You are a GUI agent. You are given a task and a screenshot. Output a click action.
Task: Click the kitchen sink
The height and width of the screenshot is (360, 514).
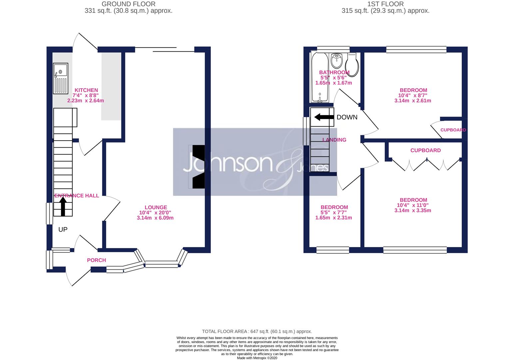61,79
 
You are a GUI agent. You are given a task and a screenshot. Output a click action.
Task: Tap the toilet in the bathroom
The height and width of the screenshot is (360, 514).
352,65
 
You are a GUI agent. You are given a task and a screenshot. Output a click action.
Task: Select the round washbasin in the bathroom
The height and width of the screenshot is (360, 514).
337,61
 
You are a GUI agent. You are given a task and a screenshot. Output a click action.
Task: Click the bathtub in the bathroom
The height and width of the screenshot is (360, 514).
320,77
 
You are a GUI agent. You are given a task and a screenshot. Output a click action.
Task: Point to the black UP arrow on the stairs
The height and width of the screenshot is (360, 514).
63,206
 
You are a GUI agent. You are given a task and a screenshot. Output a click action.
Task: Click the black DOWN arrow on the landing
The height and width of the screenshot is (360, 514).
324,117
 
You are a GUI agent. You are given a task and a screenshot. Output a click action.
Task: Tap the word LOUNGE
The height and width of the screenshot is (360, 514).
156,207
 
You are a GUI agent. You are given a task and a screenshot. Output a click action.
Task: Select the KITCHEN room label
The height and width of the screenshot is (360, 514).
86,90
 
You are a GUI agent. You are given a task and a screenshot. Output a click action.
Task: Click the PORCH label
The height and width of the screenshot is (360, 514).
96,260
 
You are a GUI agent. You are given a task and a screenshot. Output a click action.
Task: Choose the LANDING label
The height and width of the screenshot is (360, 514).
334,140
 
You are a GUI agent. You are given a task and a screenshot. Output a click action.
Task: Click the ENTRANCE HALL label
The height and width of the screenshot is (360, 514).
77,196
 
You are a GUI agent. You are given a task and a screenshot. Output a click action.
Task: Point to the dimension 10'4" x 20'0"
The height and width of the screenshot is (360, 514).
155,213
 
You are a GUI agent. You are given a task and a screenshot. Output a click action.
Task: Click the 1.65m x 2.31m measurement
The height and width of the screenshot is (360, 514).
334,218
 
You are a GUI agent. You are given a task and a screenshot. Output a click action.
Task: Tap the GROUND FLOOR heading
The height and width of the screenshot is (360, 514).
129,4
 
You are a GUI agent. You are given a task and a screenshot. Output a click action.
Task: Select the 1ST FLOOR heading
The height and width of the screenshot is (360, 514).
385,4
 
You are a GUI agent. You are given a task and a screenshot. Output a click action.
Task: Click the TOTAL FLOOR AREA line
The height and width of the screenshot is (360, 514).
257,332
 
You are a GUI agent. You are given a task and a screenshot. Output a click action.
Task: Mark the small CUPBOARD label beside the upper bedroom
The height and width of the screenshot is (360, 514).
453,130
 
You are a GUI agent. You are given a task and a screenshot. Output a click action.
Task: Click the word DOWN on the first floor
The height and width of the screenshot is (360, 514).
347,117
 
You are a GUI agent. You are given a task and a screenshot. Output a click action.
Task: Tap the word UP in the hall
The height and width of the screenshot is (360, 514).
63,230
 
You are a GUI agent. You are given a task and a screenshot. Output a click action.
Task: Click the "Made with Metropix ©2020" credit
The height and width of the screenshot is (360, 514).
257,358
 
